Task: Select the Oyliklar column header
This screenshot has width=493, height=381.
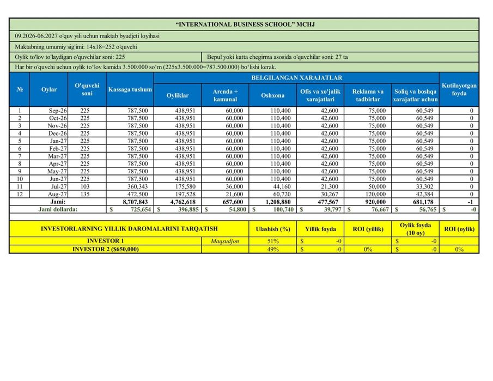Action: coord(178,95)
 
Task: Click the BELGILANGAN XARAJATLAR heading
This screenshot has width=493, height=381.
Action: coord(296,78)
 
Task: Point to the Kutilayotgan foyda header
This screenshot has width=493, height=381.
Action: coord(459,89)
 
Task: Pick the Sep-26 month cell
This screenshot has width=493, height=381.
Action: coord(58,111)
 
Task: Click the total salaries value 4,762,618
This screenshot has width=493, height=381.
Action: coord(179,202)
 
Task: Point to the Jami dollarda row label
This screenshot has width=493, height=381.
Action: coord(57,209)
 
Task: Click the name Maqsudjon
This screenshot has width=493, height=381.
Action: coord(225,241)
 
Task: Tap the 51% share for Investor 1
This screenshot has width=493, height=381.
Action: coord(272,241)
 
